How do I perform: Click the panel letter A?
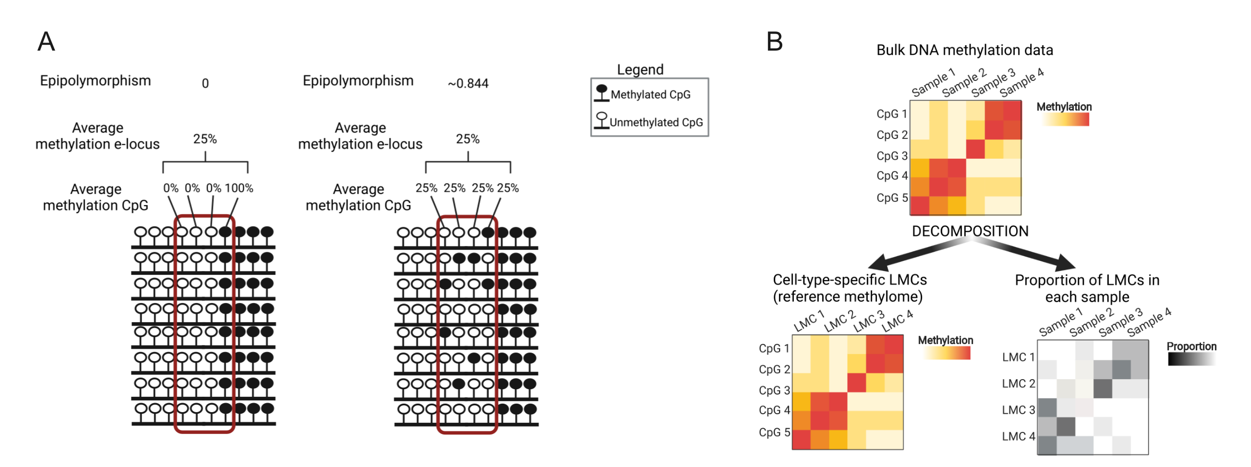pyautogui.click(x=46, y=41)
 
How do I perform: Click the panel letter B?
pyautogui.click(x=774, y=41)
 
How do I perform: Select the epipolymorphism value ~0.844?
pyautogui.click(x=468, y=84)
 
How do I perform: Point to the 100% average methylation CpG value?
pyautogui.click(x=239, y=188)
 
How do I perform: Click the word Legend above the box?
pyautogui.click(x=640, y=70)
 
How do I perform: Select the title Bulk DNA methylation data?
pyautogui.click(x=965, y=50)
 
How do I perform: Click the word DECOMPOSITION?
pyautogui.click(x=970, y=231)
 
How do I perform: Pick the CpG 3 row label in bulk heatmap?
pyautogui.click(x=892, y=156)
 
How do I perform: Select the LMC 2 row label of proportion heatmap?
pyautogui.click(x=1018, y=383)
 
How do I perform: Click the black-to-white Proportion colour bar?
pyautogui.click(x=1192, y=359)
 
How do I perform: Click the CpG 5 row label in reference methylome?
pyautogui.click(x=774, y=432)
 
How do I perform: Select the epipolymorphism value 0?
pyautogui.click(x=205, y=84)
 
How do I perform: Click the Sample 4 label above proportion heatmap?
pyautogui.click(x=1149, y=322)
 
